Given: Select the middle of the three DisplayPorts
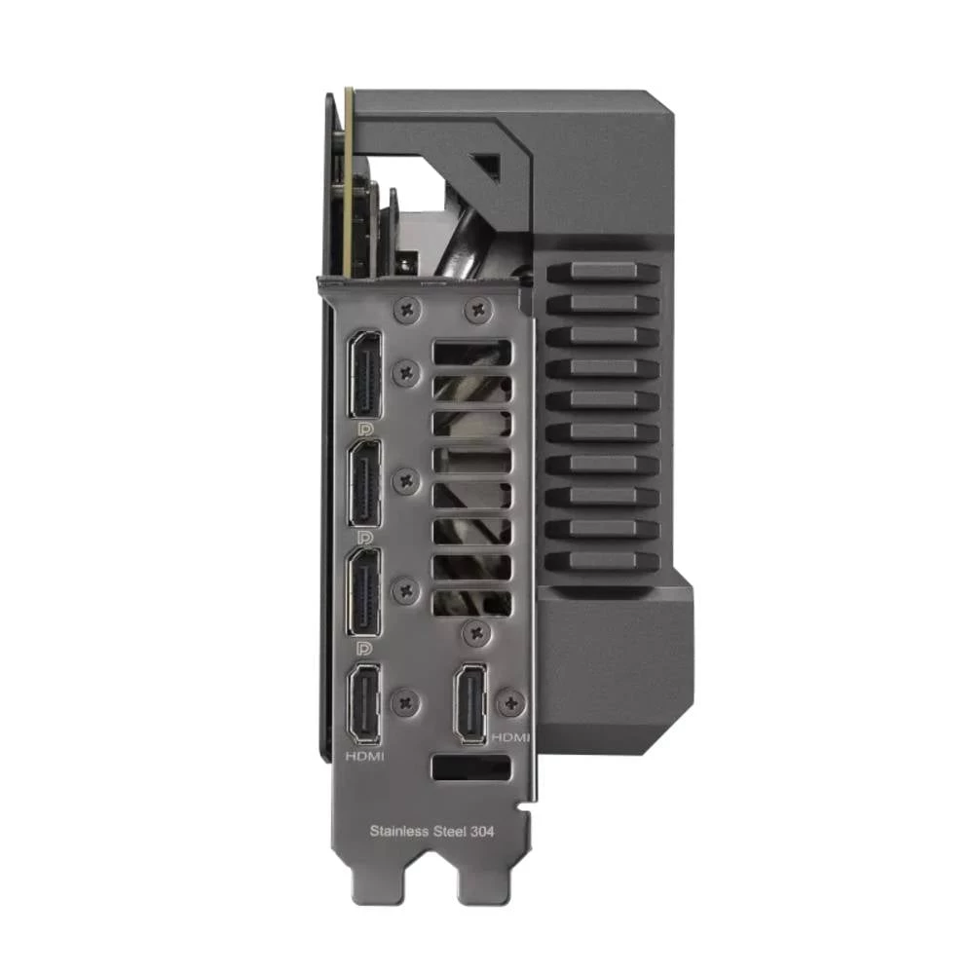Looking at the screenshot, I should point(365,484).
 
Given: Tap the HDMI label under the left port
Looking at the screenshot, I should point(365,755).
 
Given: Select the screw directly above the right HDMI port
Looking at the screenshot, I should point(475,633).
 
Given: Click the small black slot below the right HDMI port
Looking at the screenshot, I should point(470,768).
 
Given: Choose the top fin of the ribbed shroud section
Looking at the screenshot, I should point(604,272).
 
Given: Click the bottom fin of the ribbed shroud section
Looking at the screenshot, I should point(604,562).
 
